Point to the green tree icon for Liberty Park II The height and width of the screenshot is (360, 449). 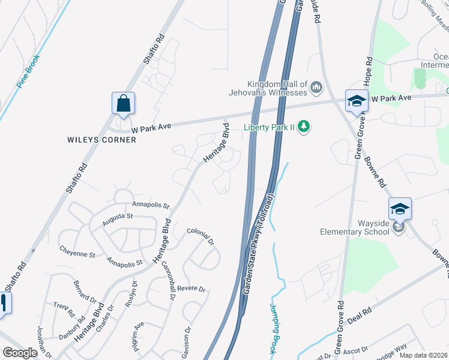[x=304, y=126]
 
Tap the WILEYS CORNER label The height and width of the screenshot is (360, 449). [x=102, y=140]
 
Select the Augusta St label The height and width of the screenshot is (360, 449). [x=116, y=220]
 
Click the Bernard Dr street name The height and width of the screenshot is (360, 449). [x=85, y=290]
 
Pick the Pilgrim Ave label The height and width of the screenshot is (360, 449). [x=139, y=336]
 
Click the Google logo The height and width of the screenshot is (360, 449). [x=20, y=353]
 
